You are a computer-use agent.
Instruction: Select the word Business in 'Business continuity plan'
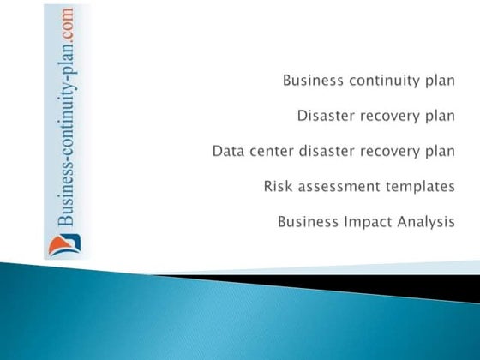tap(315, 81)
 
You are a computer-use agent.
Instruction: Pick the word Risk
tap(279, 187)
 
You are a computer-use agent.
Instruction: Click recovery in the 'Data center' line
tap(391, 153)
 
